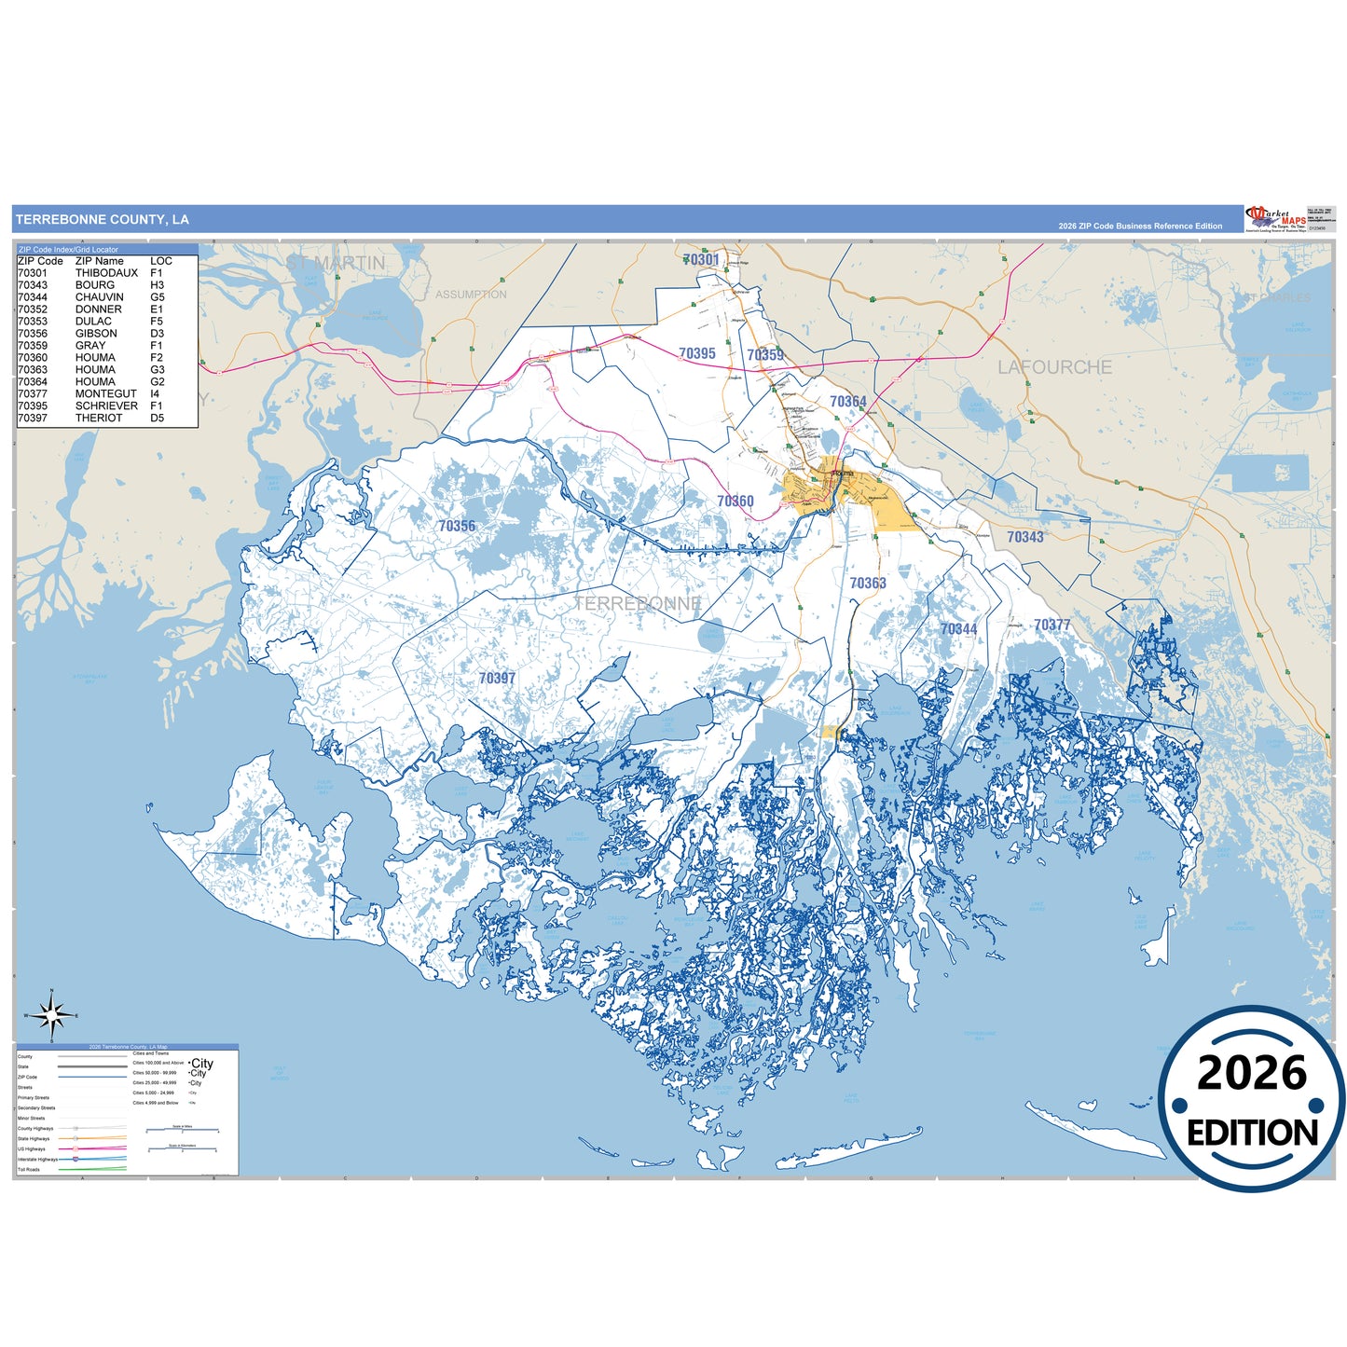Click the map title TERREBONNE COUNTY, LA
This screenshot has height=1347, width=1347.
pos(103,220)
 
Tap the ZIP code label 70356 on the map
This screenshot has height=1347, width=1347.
pos(457,527)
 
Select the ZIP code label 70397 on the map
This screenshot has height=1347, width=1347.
pos(497,679)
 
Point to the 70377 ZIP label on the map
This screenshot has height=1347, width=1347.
pos(1051,625)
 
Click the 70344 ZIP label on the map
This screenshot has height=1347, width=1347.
pos(958,629)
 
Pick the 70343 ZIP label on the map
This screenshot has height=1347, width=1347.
pos(1024,537)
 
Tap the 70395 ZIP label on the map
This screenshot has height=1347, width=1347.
pos(697,353)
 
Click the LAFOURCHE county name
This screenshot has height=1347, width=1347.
pos(1054,367)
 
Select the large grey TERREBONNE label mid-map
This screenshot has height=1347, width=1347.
pos(638,604)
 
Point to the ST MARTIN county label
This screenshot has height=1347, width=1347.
pos(336,264)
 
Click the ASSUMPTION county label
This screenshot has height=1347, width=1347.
pos(471,295)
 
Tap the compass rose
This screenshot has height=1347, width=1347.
pos(52,1015)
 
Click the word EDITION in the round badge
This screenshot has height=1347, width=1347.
pos(1252,1133)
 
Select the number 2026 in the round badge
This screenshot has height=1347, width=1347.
pos(1252,1074)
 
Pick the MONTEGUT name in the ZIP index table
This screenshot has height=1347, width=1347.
pos(105,394)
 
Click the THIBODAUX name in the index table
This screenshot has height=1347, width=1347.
pos(106,273)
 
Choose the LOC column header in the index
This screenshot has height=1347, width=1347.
pos(161,261)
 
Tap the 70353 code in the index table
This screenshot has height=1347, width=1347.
pos(32,322)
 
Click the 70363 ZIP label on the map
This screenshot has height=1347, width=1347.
pos(867,584)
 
